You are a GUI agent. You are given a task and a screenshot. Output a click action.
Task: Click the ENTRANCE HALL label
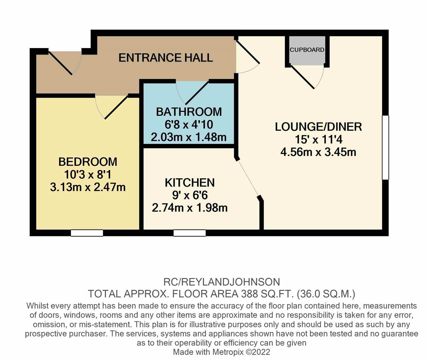[x=166, y=58]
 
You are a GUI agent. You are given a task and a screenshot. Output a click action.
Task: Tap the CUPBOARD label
[x=307, y=50]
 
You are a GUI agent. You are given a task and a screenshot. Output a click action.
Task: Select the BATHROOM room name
[x=189, y=112]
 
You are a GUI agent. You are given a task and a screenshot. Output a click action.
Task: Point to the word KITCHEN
[x=190, y=182]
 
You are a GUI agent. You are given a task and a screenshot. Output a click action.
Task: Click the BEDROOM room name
[x=88, y=162]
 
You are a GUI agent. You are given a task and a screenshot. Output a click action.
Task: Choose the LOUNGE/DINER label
[x=318, y=127]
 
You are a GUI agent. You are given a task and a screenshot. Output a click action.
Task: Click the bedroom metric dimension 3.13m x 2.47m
[x=88, y=187]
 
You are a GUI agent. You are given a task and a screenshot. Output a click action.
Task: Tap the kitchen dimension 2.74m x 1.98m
[x=190, y=208]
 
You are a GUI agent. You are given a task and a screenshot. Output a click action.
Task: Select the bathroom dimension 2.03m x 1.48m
[x=189, y=137]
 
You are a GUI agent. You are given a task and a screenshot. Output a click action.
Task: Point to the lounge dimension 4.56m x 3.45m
[x=318, y=152]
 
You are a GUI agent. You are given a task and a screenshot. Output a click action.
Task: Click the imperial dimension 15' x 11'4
[x=318, y=140]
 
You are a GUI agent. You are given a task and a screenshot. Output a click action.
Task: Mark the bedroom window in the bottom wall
[x=87, y=233]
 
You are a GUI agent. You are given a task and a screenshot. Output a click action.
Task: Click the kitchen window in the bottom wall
[x=189, y=233]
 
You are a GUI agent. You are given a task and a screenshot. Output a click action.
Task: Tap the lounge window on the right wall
[x=386, y=148]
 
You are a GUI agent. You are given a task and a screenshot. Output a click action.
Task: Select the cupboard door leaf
[x=302, y=77]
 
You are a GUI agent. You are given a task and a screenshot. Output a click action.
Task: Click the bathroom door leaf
[x=197, y=93]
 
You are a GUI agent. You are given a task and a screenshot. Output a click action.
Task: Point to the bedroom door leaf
[x=116, y=107]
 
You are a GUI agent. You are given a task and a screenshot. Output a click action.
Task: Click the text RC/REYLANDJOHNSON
[x=222, y=282]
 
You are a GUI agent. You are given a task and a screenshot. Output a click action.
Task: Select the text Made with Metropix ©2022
[x=222, y=352]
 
